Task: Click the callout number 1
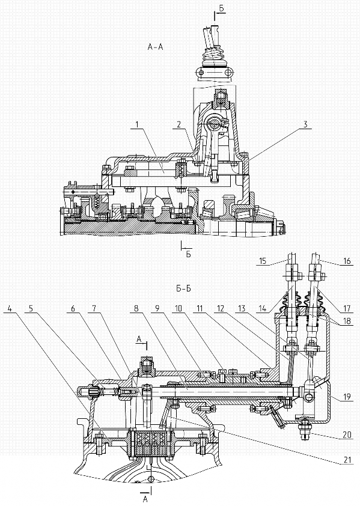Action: [137, 124]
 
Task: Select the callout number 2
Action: [178, 124]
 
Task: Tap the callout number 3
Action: [306, 124]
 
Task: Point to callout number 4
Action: [10, 308]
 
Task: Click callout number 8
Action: [136, 308]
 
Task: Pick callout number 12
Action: [221, 308]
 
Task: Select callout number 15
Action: [263, 260]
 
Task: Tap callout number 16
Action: [347, 260]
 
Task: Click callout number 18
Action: [347, 322]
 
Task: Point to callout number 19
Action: [347, 396]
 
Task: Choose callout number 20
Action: [347, 434]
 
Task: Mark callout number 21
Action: [347, 459]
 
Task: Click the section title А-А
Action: [155, 47]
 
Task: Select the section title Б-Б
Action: [183, 288]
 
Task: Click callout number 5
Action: [31, 308]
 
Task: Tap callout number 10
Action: [178, 308]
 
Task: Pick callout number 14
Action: [263, 308]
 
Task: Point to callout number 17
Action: [347, 308]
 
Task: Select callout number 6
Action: [73, 308]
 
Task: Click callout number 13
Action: [242, 308]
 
